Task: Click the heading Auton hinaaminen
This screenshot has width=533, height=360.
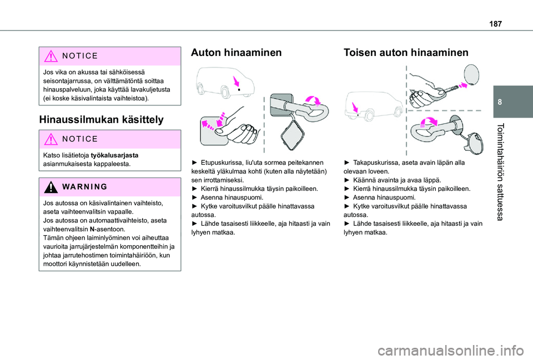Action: pos(236,53)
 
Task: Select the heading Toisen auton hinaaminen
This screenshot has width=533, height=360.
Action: pos(406,53)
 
